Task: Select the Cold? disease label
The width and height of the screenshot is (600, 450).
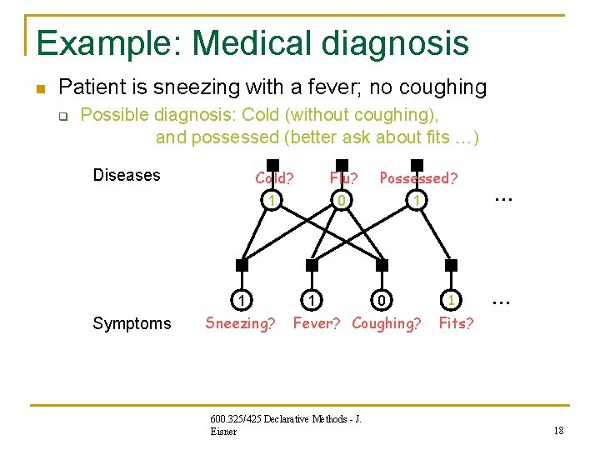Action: [x=274, y=177]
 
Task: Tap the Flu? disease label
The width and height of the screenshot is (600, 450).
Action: [x=344, y=177]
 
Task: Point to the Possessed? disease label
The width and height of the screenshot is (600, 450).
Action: [x=418, y=177]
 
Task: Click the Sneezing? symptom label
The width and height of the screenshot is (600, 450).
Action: [x=240, y=323]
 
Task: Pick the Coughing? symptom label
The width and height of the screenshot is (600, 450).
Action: [x=387, y=323]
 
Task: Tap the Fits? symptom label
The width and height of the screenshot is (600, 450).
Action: [x=456, y=323]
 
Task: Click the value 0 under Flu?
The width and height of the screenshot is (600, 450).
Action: [x=340, y=201]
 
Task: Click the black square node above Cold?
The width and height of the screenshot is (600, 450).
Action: [x=272, y=165]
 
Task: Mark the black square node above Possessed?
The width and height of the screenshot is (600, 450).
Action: [x=417, y=165]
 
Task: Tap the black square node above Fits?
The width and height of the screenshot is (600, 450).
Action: [x=452, y=265]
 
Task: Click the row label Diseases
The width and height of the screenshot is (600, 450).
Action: [x=127, y=175]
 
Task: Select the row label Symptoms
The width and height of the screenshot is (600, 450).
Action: [x=132, y=323]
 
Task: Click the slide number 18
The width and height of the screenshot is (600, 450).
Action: [x=558, y=430]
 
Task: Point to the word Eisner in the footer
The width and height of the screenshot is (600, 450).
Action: [x=224, y=432]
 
